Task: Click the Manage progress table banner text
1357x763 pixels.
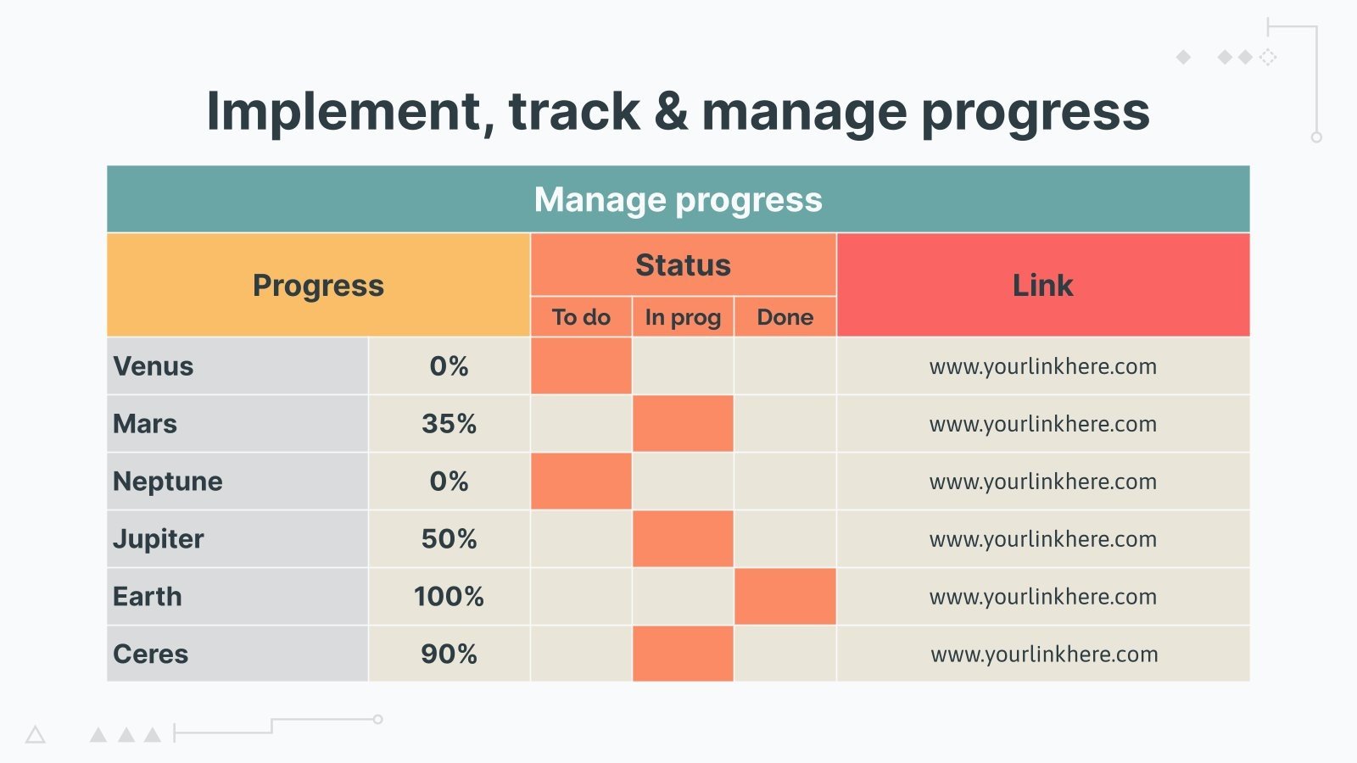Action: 678,200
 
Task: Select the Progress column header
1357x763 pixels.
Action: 318,286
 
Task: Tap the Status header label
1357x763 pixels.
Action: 683,265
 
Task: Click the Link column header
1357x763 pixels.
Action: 1042,286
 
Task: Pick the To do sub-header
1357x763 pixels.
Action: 581,317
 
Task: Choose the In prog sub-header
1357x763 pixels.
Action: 683,317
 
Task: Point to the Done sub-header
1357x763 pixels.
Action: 785,317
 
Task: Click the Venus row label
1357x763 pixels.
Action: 154,366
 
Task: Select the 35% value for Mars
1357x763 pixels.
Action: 449,424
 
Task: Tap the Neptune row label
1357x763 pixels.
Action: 168,482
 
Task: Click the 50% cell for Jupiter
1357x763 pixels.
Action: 449,539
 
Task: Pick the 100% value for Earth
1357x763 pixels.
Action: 449,597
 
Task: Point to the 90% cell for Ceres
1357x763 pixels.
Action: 449,654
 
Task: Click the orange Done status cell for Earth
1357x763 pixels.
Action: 785,597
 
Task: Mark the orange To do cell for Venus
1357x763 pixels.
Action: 581,366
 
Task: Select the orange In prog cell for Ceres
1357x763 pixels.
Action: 683,654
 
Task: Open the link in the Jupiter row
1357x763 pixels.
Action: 1042,539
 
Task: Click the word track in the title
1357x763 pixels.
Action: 574,111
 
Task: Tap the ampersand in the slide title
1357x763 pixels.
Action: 671,111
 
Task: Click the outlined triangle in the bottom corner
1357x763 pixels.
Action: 35,735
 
